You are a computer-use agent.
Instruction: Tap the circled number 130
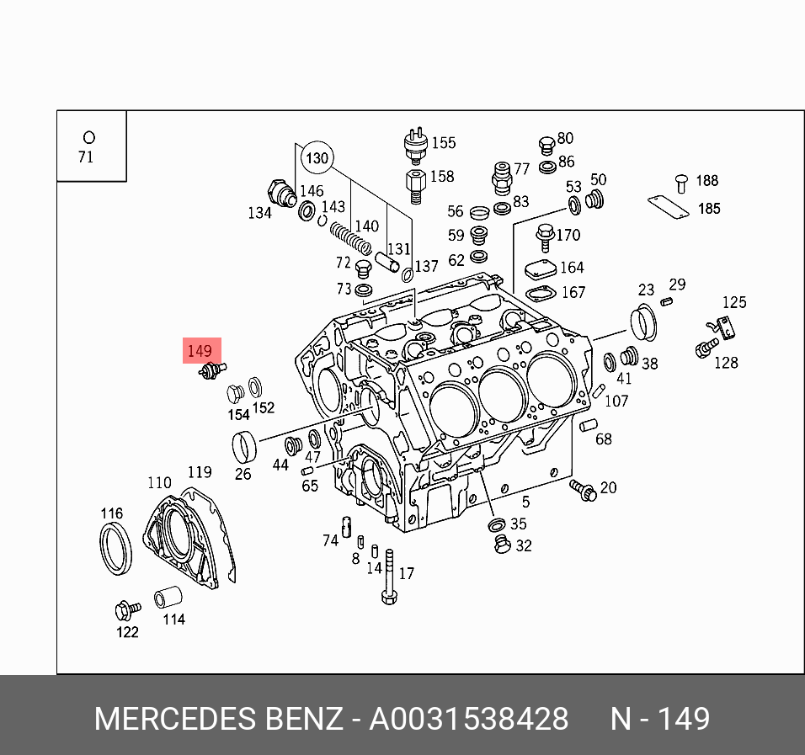point(317,157)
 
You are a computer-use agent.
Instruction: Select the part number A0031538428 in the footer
point(469,720)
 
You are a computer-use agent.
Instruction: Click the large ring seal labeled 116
point(115,548)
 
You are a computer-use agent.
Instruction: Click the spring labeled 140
point(350,237)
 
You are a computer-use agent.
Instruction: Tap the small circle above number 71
point(88,137)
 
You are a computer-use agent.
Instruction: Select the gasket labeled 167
point(538,293)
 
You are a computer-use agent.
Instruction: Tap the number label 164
point(572,268)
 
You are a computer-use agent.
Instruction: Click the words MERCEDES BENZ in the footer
point(218,720)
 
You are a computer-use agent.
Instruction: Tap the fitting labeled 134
point(280,192)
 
